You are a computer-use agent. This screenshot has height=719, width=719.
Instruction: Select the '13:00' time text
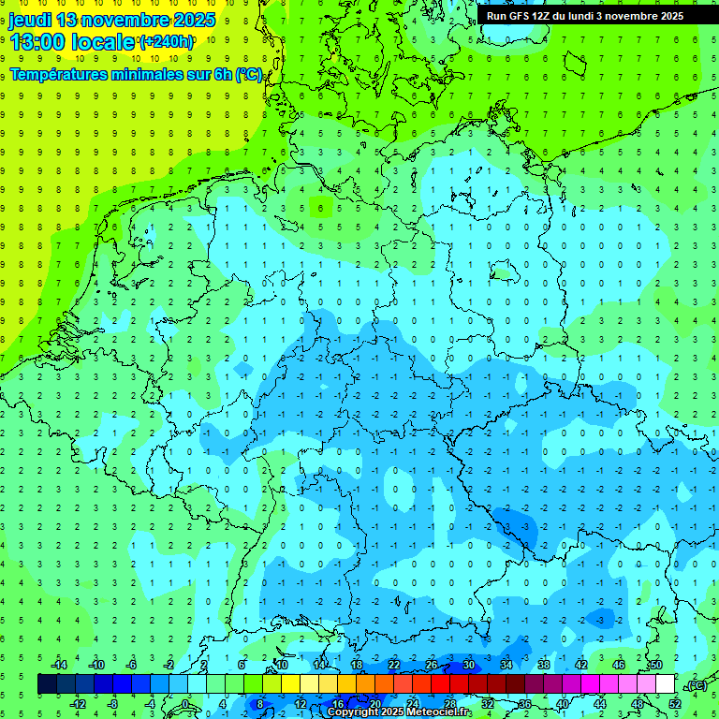click(x=37, y=42)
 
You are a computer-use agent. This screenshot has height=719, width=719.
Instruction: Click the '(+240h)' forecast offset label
click(x=167, y=42)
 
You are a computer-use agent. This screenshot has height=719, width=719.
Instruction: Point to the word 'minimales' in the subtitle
click(x=145, y=75)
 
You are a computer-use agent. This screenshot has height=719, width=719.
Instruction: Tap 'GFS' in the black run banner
click(x=521, y=16)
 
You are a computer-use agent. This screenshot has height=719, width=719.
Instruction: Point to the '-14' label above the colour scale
click(x=59, y=665)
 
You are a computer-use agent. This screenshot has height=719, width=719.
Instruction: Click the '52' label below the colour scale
click(x=675, y=703)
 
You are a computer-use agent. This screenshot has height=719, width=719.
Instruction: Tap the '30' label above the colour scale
click(x=469, y=665)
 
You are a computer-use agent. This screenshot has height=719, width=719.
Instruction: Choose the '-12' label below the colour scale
click(x=78, y=703)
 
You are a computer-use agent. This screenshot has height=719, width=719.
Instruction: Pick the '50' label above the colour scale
click(x=656, y=665)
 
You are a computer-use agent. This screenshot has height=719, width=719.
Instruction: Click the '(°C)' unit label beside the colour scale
click(x=696, y=684)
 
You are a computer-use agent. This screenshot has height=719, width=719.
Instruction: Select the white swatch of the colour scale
click(x=666, y=684)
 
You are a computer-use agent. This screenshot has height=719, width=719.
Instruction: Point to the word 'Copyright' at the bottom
click(x=353, y=712)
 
